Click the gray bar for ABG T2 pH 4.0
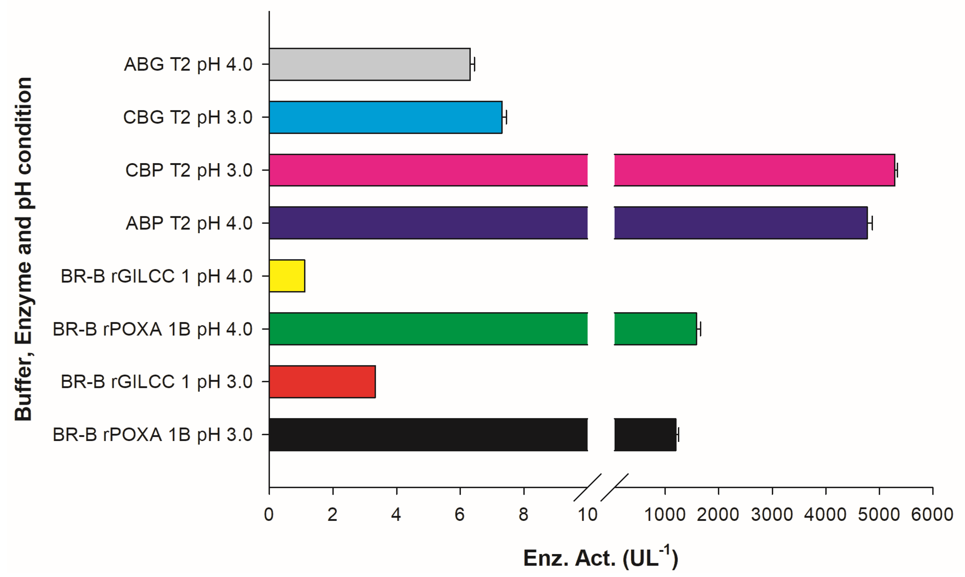tap(370, 65)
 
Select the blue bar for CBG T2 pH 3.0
tap(385, 117)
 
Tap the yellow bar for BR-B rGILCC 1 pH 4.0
tap(287, 276)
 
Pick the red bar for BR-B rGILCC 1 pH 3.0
tap(322, 382)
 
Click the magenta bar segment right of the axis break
tap(754, 170)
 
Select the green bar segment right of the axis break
tap(655, 329)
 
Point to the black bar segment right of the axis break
tap(645, 435)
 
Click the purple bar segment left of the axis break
tap(428, 223)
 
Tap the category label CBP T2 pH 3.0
tap(189, 170)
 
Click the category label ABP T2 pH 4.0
tap(189, 223)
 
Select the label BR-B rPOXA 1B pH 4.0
tap(152, 329)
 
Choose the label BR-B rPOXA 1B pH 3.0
tap(152, 435)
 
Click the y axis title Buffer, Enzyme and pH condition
tap(23, 249)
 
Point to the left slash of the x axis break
tap(588, 487)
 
